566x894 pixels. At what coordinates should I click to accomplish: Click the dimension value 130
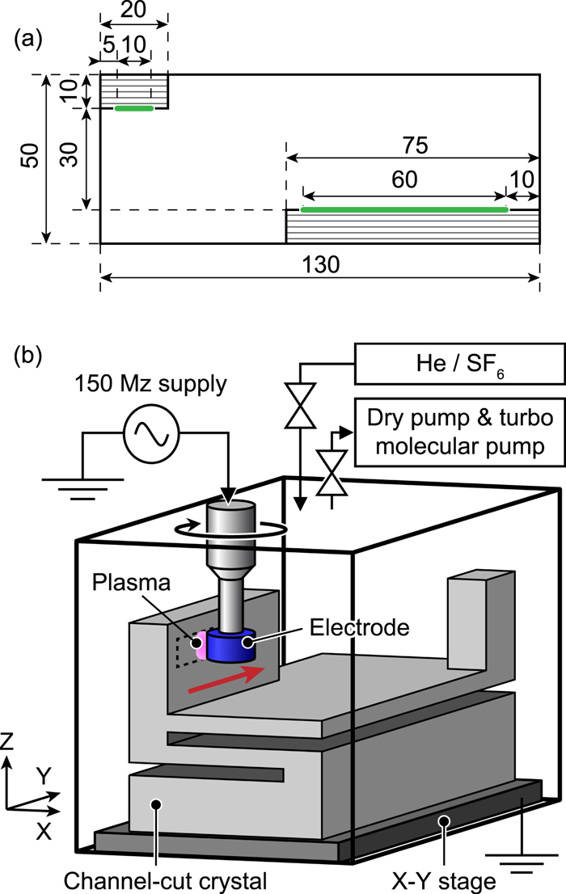tap(319, 264)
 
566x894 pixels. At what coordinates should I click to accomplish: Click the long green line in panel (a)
tap(403, 209)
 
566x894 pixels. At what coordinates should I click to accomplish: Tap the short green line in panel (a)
tap(133, 108)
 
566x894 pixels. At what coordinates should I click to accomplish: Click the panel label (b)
tap(29, 355)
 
